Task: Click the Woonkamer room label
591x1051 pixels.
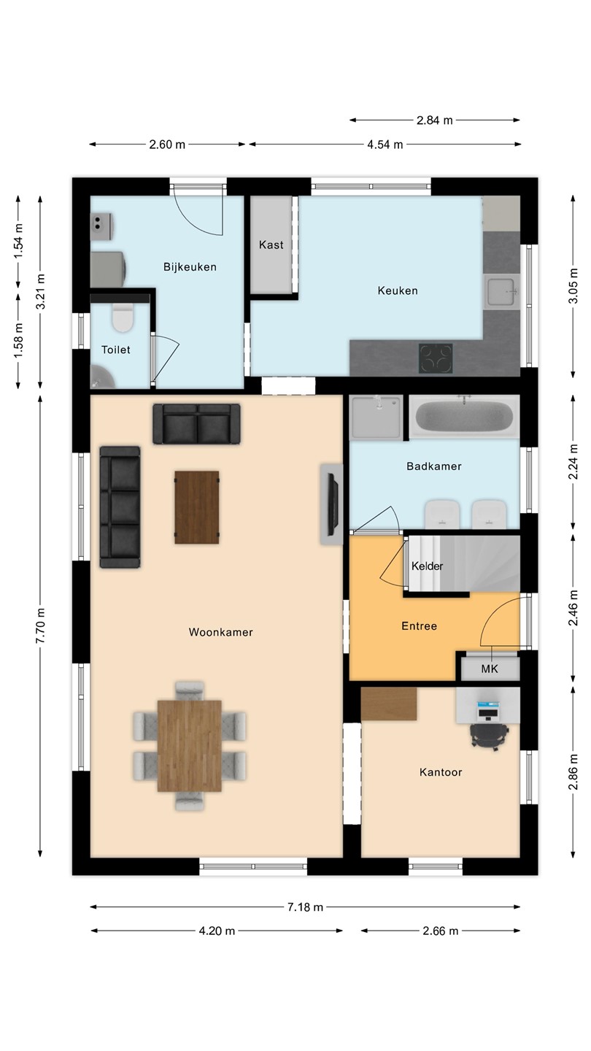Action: [x=220, y=632]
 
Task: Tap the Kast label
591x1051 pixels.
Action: [x=271, y=245]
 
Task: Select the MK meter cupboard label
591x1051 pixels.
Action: [x=489, y=669]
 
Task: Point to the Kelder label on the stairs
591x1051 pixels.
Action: [x=427, y=566]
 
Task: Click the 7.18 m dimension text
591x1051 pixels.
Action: [x=305, y=907]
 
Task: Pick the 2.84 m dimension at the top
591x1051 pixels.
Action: [x=435, y=120]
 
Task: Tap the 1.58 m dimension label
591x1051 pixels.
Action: [x=18, y=340]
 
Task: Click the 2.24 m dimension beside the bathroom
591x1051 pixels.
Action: [x=573, y=462]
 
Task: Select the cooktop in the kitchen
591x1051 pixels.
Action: [x=436, y=359]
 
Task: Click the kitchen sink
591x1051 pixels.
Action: [x=501, y=292]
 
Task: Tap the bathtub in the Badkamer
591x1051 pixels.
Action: [x=464, y=417]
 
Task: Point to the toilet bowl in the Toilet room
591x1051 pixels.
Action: [x=123, y=317]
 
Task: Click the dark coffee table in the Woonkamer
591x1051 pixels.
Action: [x=197, y=507]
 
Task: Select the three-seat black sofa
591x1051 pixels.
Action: [x=120, y=507]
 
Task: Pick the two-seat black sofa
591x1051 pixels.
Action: [x=196, y=423]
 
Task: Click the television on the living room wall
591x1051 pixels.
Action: [x=333, y=504]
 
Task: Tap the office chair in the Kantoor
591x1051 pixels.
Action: [x=489, y=735]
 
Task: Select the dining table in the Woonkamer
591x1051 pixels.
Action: [x=190, y=746]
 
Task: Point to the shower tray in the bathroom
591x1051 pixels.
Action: [x=376, y=417]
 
